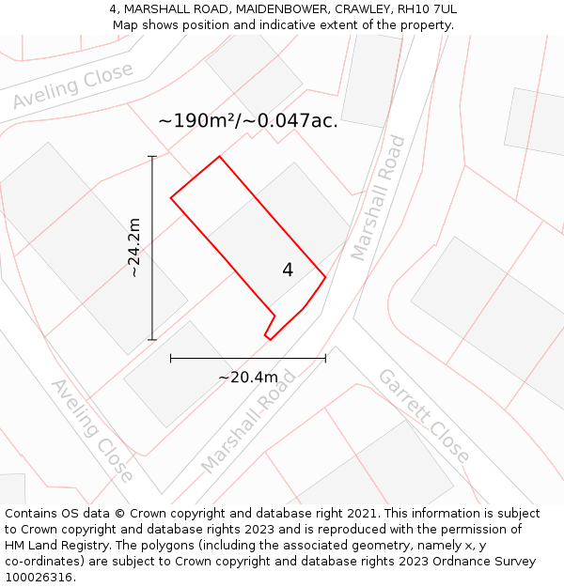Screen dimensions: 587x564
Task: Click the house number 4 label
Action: (288, 270)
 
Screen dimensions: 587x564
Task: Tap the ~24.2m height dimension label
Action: (134, 248)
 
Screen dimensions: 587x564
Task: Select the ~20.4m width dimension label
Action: (248, 378)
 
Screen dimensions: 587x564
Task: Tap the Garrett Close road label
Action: (423, 414)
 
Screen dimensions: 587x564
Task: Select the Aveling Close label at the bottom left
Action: (91, 429)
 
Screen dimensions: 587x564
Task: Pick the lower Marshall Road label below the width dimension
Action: (247, 421)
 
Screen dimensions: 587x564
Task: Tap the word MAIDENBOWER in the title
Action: (281, 9)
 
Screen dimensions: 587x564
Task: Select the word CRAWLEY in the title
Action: (362, 9)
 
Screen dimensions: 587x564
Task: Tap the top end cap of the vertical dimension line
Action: (152, 156)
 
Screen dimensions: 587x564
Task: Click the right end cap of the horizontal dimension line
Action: (325, 358)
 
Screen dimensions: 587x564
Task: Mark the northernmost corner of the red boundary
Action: (219, 156)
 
